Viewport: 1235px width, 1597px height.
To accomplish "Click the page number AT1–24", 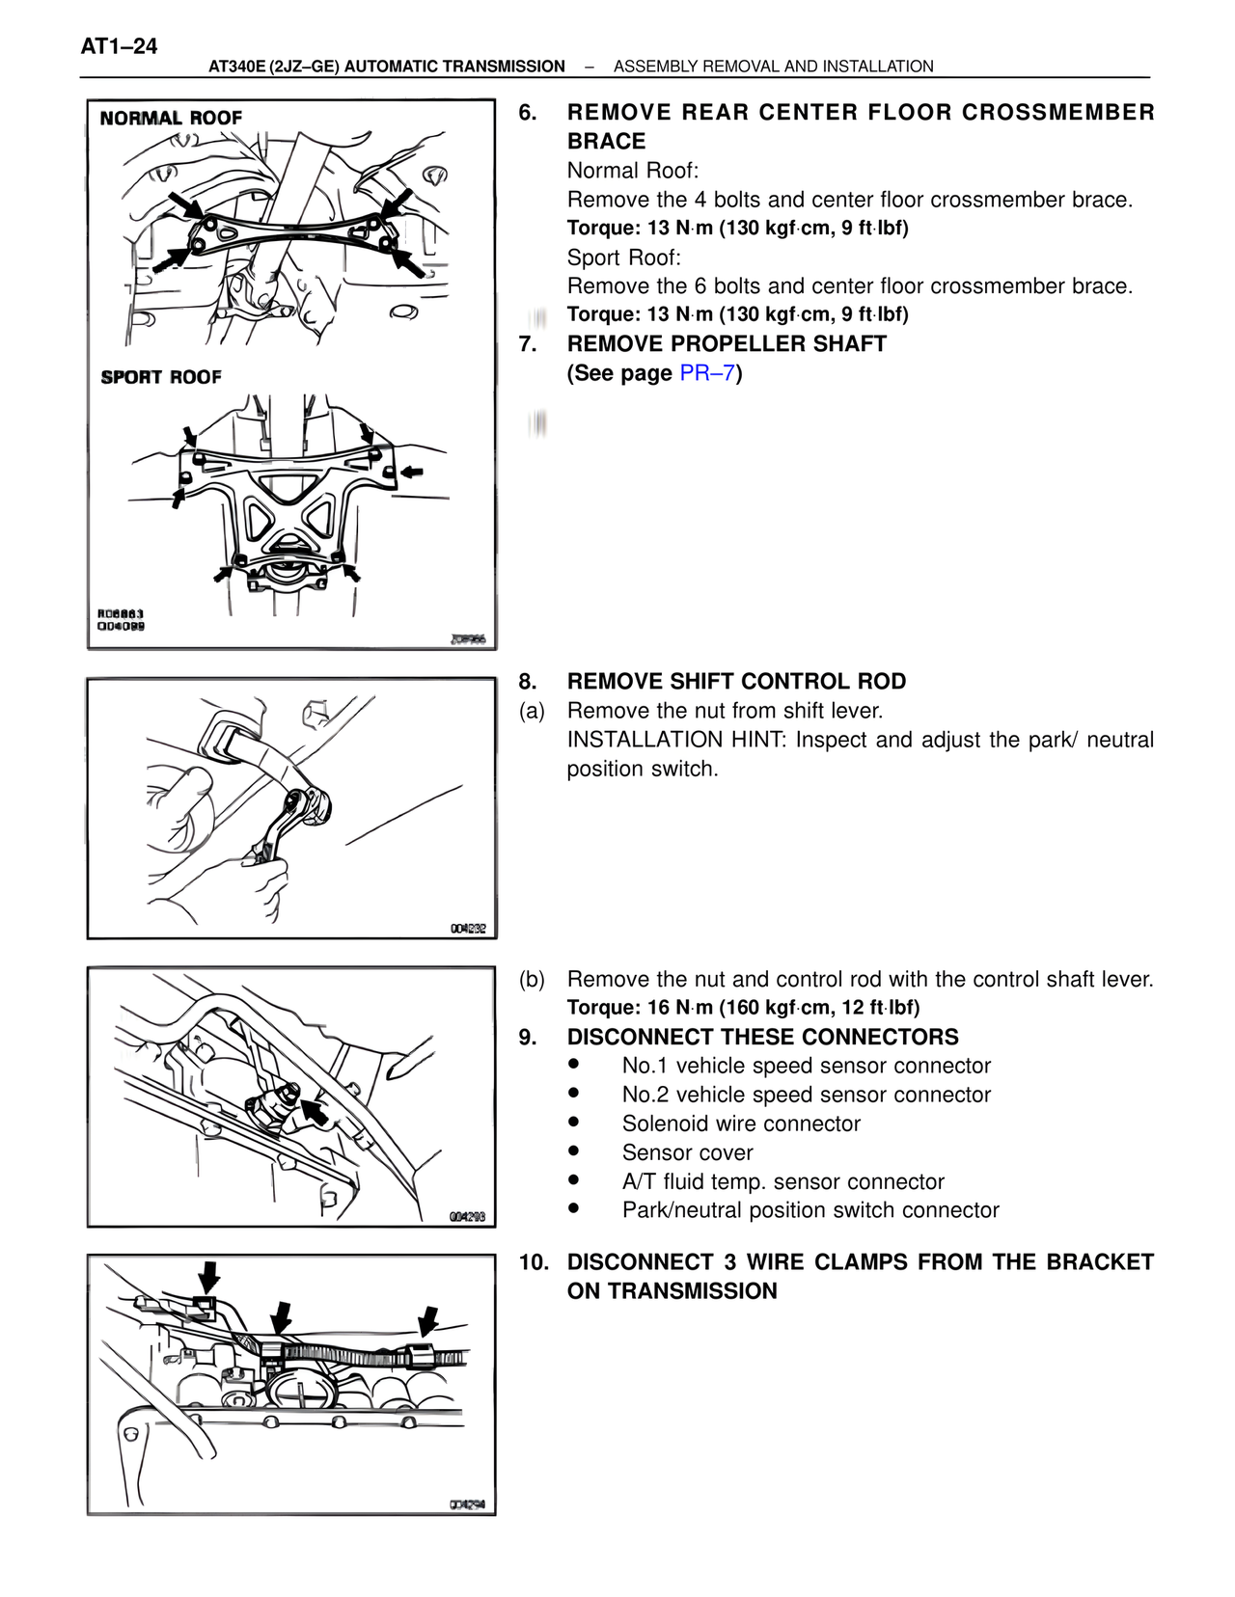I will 119,46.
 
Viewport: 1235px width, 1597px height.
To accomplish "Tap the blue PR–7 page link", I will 707,373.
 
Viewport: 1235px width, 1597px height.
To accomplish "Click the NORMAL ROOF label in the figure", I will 171,118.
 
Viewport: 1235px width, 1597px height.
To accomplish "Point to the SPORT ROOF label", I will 161,377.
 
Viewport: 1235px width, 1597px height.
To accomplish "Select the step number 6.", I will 527,113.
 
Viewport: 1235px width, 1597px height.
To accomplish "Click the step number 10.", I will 534,1262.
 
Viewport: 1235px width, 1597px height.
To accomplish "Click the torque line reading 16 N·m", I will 743,1008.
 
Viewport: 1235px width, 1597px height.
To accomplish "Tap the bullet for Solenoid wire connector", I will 574,1123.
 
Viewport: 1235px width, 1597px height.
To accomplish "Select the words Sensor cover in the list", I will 687,1152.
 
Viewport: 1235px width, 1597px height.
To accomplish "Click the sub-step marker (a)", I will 532,711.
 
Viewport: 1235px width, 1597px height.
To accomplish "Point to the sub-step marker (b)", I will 532,980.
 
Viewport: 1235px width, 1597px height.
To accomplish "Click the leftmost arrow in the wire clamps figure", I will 208,1277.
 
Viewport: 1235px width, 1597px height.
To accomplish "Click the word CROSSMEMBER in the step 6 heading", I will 1058,113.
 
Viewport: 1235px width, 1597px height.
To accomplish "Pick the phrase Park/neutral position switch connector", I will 810,1210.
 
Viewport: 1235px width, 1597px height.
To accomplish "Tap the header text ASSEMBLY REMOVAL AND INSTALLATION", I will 773,67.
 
